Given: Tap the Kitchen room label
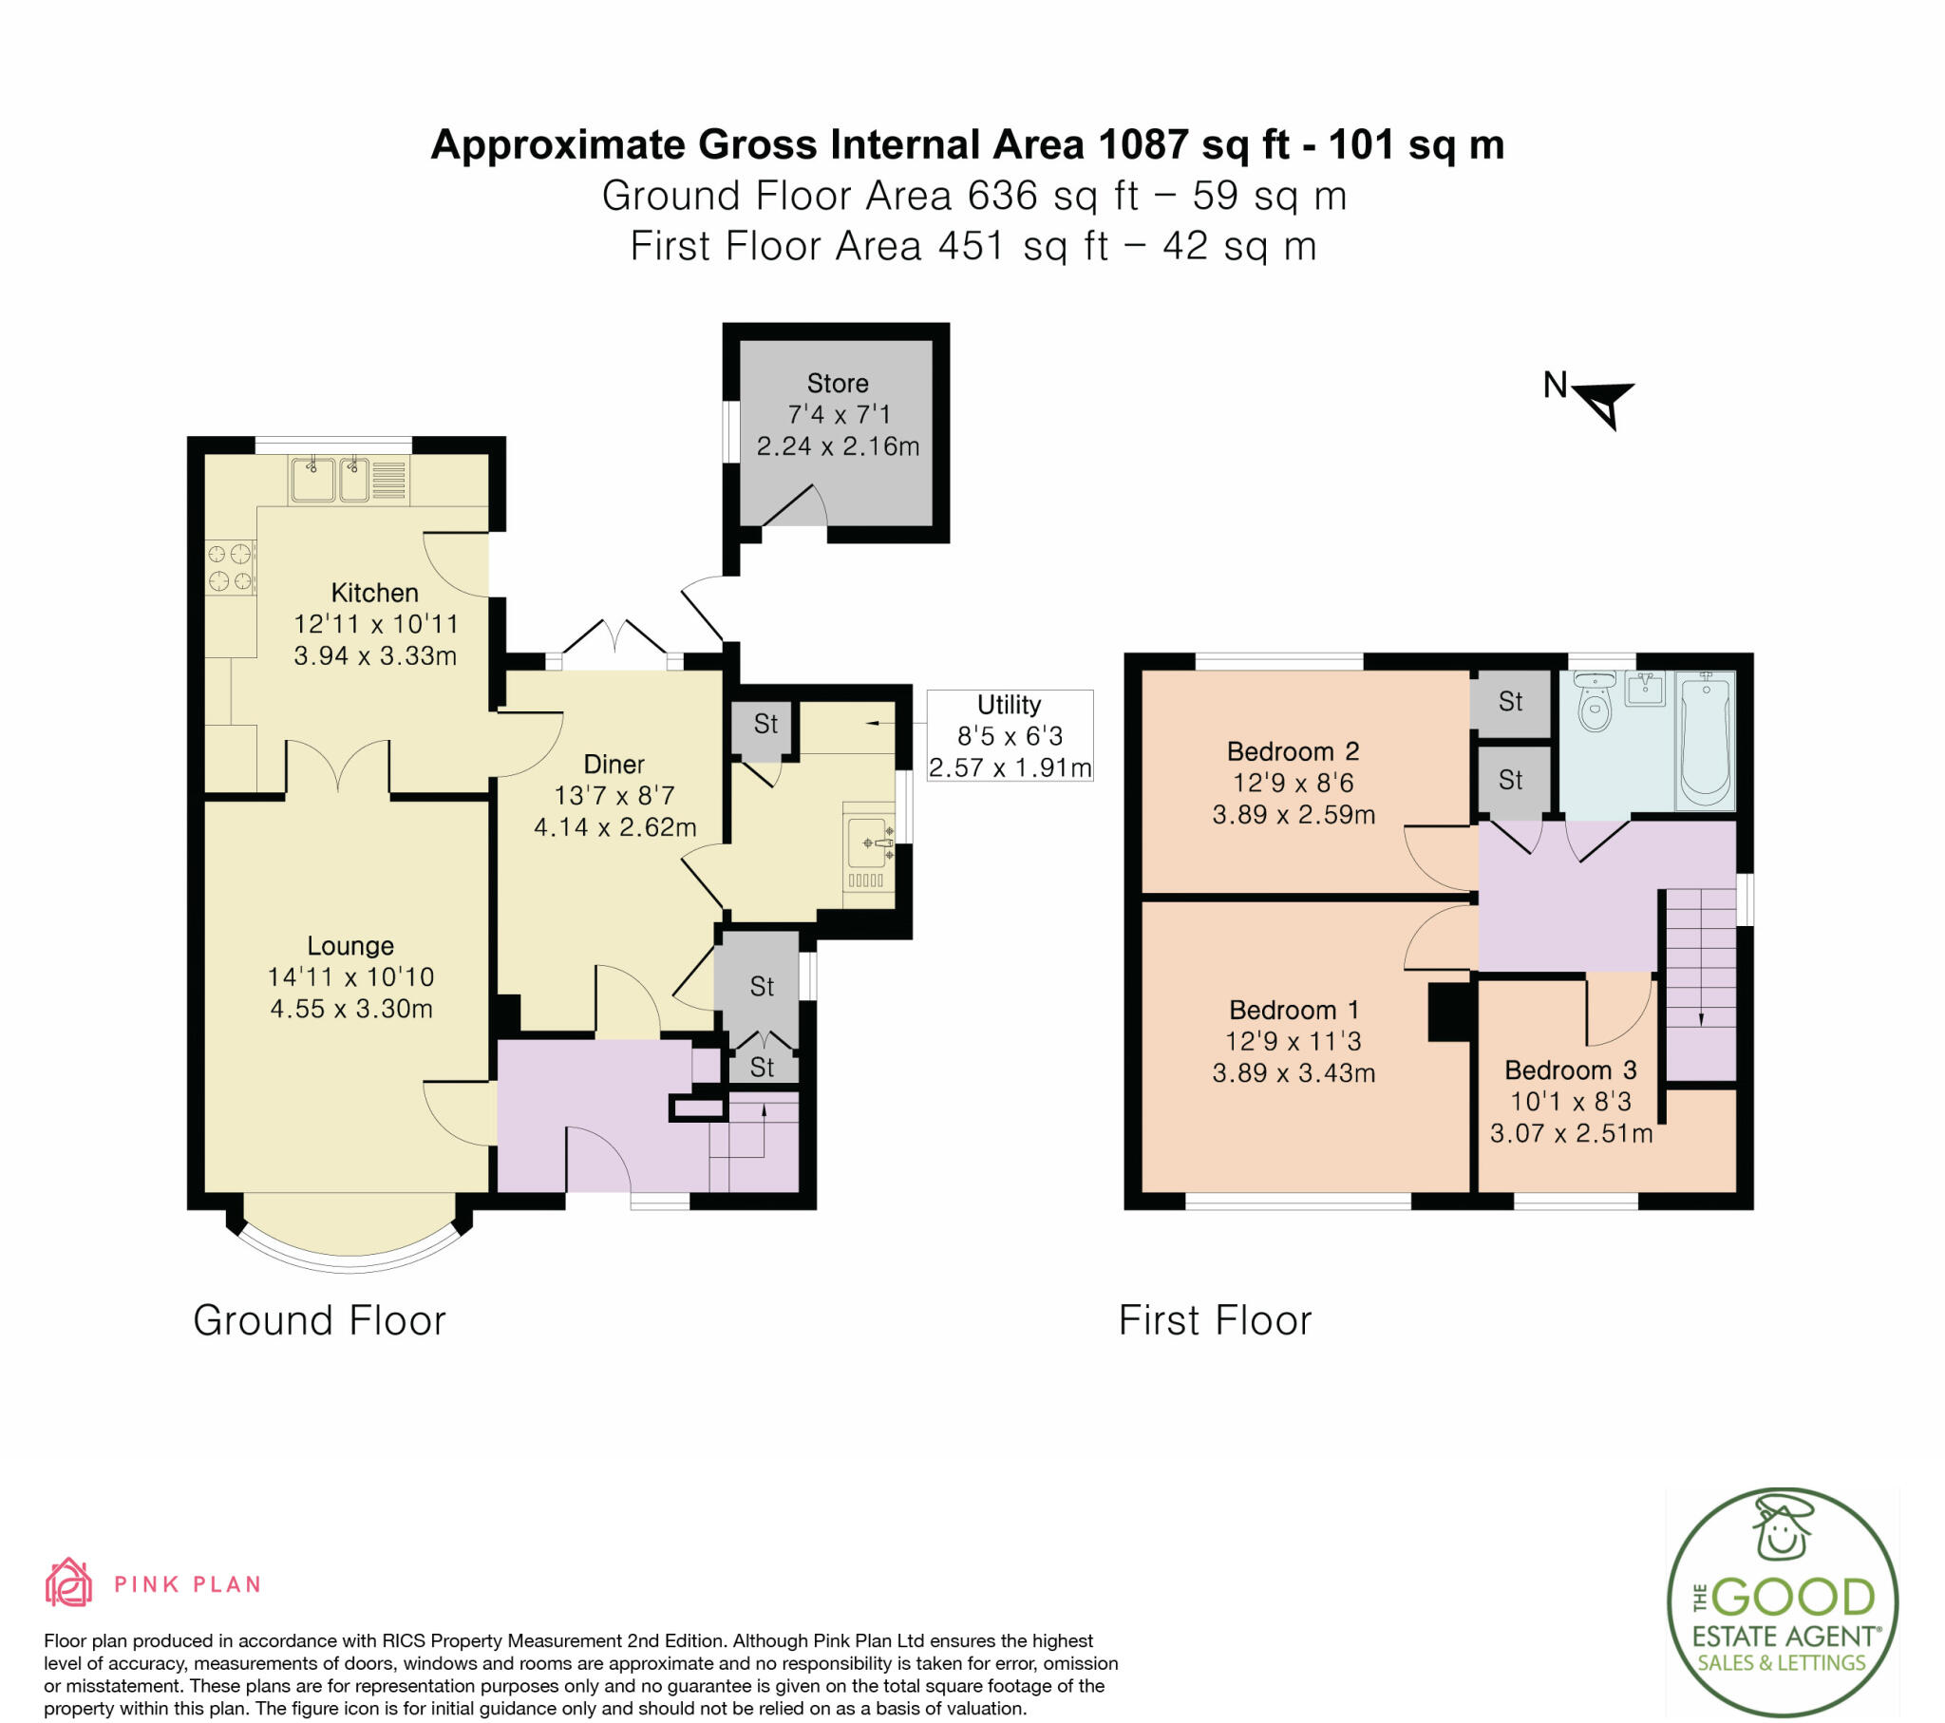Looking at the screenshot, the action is pyautogui.click(x=374, y=592).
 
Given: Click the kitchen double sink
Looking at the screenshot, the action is pyautogui.click(x=330, y=479).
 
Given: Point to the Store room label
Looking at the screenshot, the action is pyautogui.click(x=838, y=383).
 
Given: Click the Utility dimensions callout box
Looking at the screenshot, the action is pyautogui.click(x=1010, y=736).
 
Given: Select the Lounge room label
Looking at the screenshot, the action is pyautogui.click(x=350, y=945).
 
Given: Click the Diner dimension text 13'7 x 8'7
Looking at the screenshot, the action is pyautogui.click(x=614, y=795).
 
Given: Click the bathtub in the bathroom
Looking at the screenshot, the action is pyautogui.click(x=1706, y=739).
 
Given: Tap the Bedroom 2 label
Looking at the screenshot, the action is pyautogui.click(x=1294, y=751).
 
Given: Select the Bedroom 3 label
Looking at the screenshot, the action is pyautogui.click(x=1571, y=1070).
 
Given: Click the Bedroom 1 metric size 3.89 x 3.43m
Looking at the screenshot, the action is pyautogui.click(x=1294, y=1072).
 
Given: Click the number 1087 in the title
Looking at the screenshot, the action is pyautogui.click(x=1142, y=144).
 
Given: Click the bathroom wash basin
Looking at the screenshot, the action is pyautogui.click(x=1644, y=689).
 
